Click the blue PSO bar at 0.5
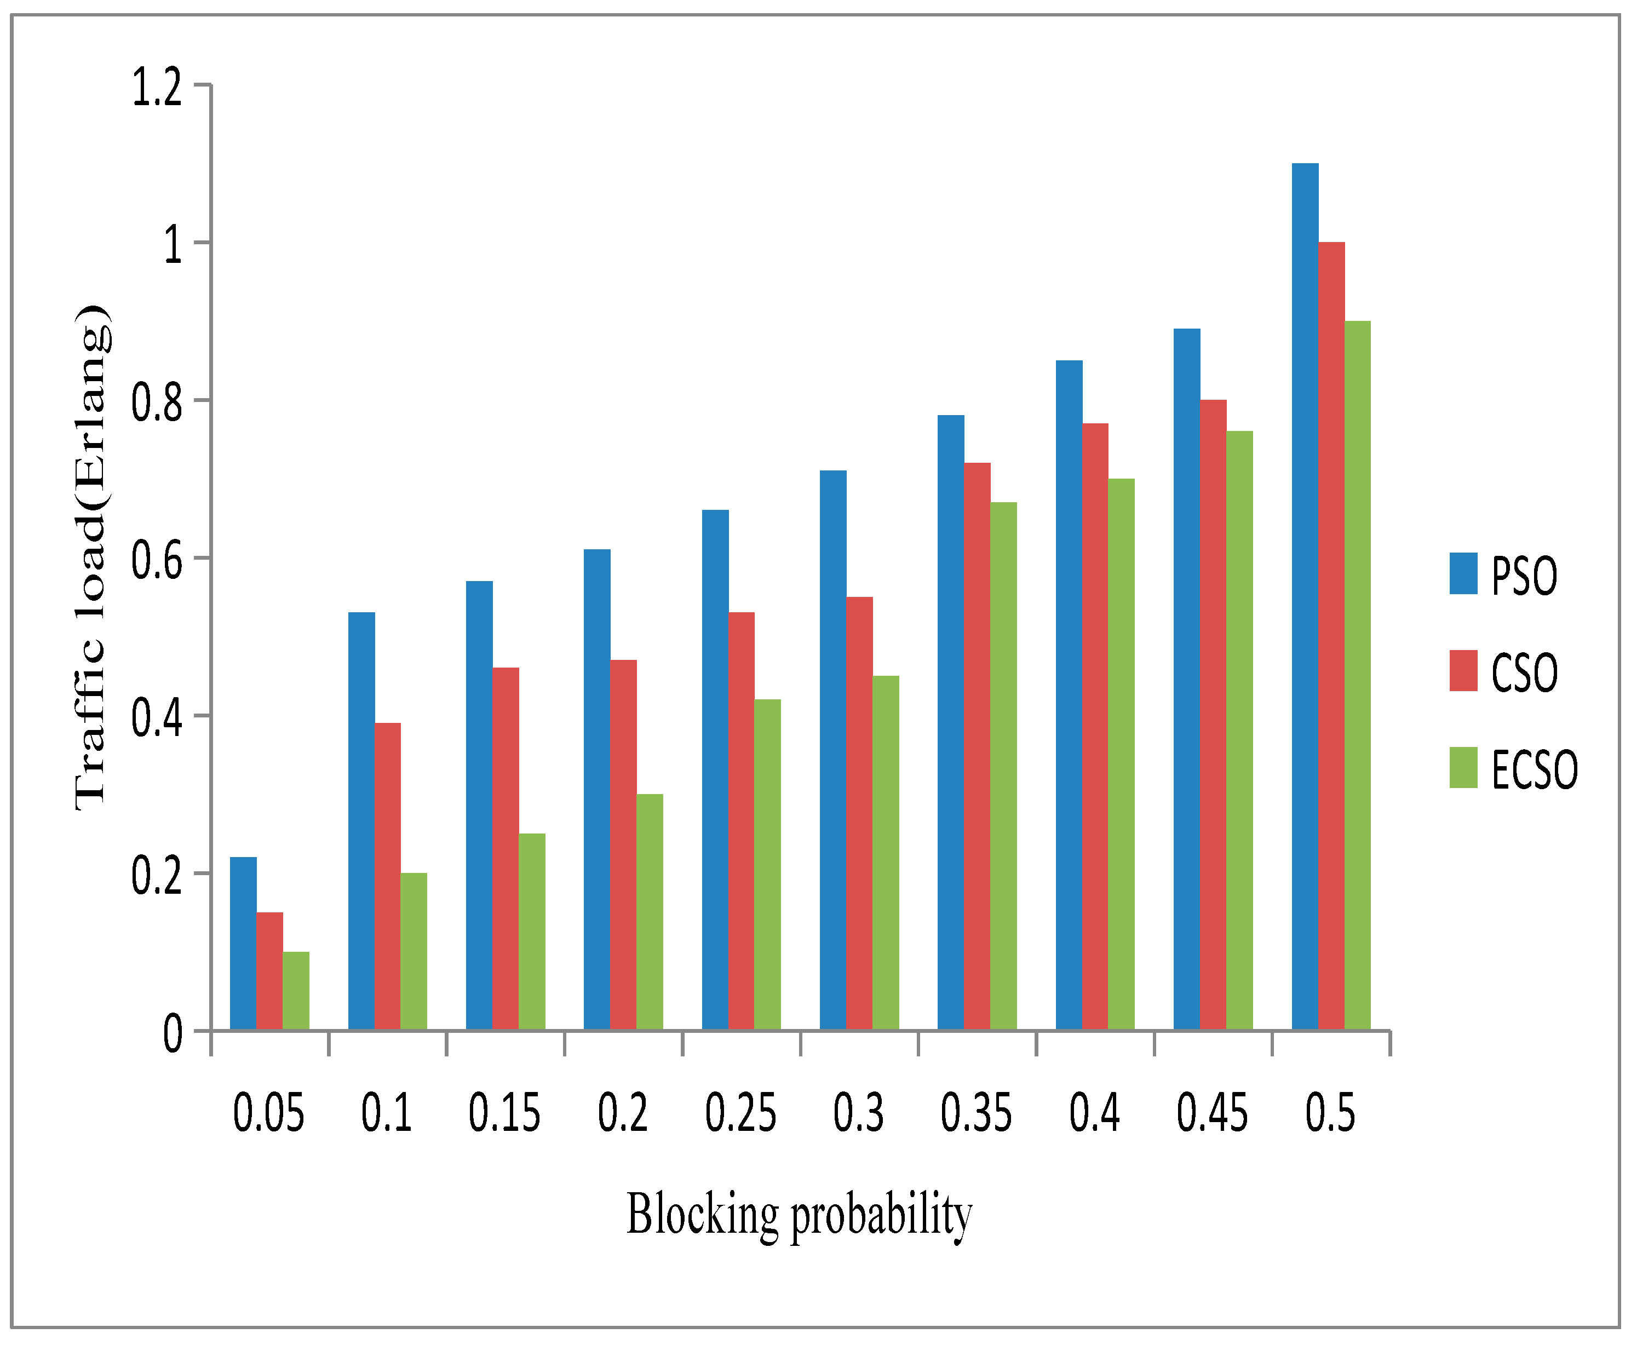1304,596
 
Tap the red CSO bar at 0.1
387,876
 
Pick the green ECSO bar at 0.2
650,912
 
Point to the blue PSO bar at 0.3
833,749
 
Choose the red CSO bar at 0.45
1213,714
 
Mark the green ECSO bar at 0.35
1003,766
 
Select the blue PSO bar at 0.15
479,805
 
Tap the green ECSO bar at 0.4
1121,754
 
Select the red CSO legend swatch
1463,671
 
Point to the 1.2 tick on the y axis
157,87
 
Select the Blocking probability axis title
799,1215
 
